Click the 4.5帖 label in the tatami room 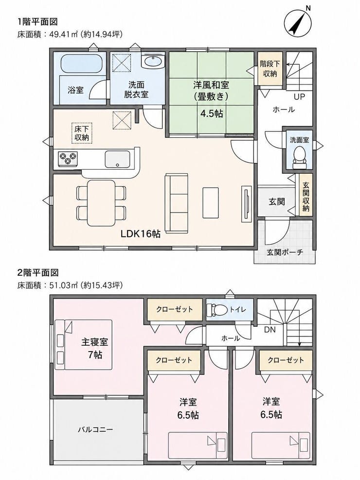click(x=212, y=114)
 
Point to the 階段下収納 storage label click(x=270, y=69)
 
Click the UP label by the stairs click(x=299, y=97)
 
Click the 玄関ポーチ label click(x=285, y=252)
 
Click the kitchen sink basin click(x=118, y=159)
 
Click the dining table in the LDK click(x=101, y=203)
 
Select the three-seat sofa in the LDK click(x=176, y=203)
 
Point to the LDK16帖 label click(x=140, y=234)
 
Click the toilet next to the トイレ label click(x=216, y=310)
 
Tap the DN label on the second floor click(x=270, y=330)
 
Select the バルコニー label click(x=95, y=429)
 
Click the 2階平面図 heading click(x=38, y=272)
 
